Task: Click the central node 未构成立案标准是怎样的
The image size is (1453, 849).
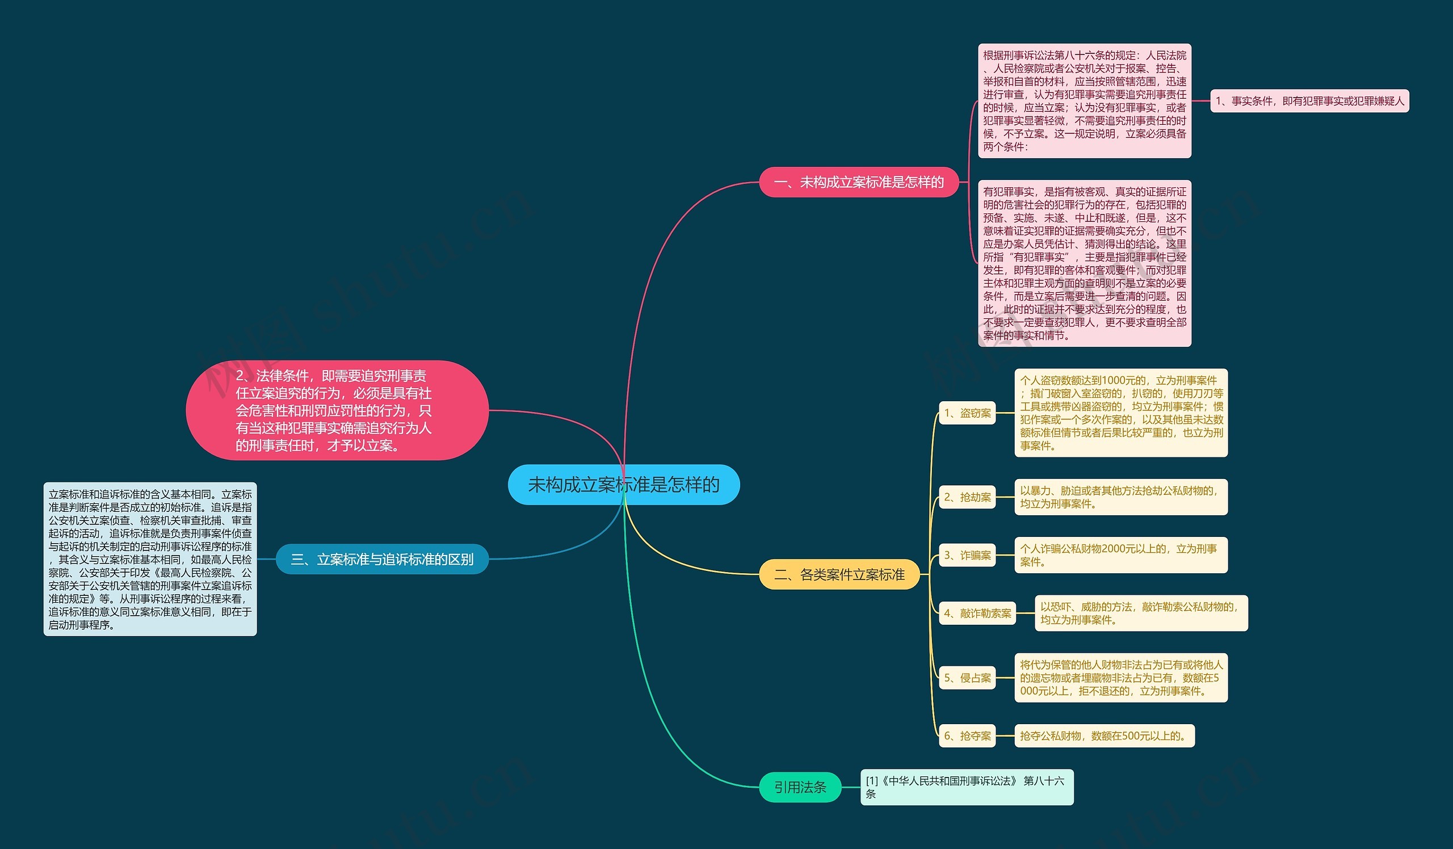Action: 623,485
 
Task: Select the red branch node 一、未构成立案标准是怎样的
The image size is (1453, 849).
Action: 859,182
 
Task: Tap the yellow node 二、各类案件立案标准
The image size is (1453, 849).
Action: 839,574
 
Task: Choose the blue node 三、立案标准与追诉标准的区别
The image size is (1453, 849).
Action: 383,559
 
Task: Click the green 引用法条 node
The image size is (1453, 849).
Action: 800,787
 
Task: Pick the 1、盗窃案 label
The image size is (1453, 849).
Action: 967,413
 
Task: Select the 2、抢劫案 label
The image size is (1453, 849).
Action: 967,497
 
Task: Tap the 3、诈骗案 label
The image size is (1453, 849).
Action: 967,555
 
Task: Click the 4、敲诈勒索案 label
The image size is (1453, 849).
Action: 977,613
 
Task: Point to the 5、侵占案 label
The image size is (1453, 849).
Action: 967,678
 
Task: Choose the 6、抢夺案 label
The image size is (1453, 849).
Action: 967,735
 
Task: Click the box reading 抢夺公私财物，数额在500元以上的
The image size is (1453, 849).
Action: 1104,735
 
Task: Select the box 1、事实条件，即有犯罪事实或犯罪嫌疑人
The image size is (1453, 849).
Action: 1309,101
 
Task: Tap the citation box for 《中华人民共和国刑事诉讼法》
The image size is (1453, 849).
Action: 967,787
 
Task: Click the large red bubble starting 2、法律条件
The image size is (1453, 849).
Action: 337,410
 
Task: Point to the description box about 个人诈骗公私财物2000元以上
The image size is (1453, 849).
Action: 1121,555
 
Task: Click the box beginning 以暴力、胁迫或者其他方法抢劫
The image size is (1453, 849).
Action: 1121,497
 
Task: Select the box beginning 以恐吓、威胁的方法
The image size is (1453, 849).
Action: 1141,613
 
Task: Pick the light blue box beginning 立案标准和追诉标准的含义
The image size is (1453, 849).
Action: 150,559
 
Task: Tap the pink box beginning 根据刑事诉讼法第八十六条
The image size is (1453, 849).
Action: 1085,101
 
